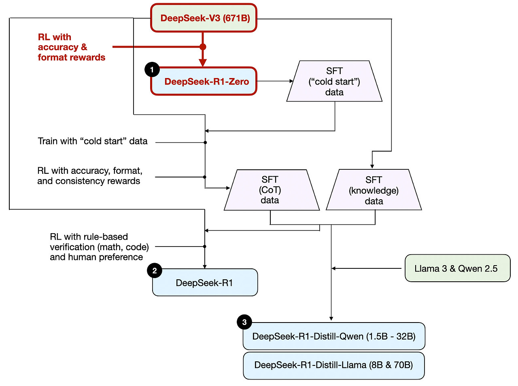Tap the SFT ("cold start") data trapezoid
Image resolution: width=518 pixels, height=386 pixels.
click(x=334, y=81)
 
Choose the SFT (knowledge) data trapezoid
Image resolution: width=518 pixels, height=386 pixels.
click(x=374, y=190)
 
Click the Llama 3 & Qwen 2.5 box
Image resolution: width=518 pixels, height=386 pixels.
click(x=457, y=268)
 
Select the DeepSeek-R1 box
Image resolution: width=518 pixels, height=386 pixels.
click(x=205, y=283)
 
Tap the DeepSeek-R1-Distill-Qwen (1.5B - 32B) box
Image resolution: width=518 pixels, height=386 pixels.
click(x=334, y=336)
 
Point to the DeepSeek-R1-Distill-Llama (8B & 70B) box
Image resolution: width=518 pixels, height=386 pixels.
click(x=334, y=365)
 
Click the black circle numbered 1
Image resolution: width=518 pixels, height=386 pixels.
click(x=152, y=70)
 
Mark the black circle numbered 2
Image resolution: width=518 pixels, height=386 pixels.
click(x=155, y=271)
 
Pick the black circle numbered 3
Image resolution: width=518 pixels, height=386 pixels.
click(x=244, y=322)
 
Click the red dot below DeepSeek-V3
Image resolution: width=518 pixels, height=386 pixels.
click(x=203, y=47)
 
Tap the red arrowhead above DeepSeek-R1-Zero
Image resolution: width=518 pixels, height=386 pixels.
click(x=203, y=63)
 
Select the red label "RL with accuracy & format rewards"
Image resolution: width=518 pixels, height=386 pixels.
click(x=71, y=47)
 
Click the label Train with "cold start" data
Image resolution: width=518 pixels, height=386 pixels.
click(x=93, y=141)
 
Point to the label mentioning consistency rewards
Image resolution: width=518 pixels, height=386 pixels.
click(x=89, y=176)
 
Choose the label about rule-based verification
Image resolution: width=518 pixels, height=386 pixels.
click(x=99, y=247)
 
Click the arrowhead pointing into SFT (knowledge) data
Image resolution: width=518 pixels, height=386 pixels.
click(x=372, y=166)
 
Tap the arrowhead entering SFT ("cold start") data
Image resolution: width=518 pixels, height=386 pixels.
click(x=291, y=81)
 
